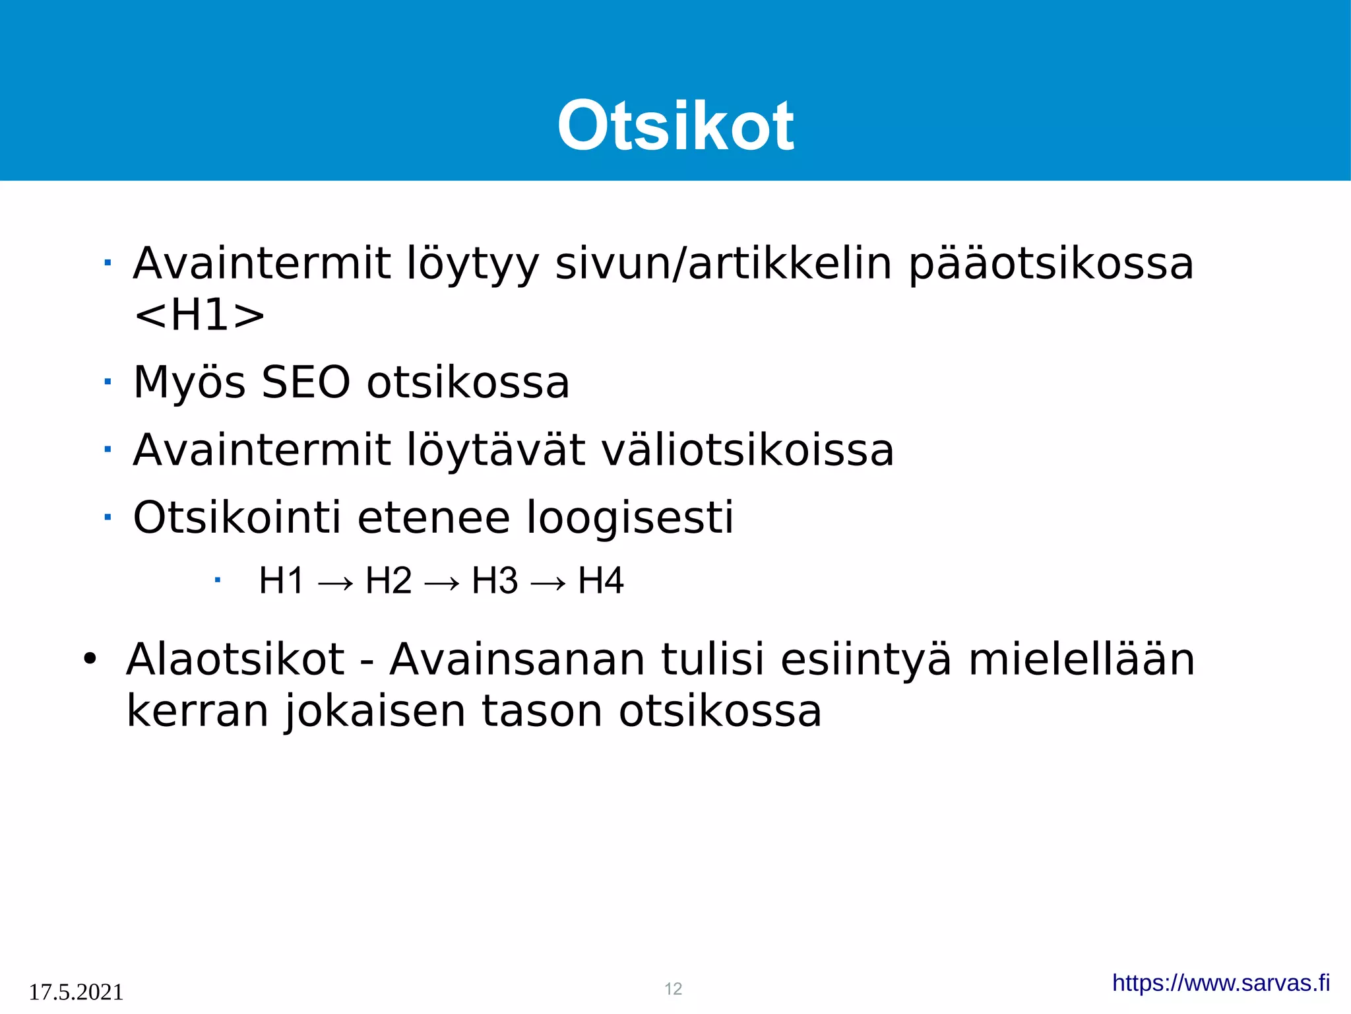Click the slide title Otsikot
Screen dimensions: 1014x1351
pyautogui.click(x=675, y=125)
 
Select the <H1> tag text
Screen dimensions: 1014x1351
pyautogui.click(x=199, y=316)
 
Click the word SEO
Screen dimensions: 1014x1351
pyautogui.click(x=305, y=382)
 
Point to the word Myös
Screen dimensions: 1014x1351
pyautogui.click(x=189, y=382)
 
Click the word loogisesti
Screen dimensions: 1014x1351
pyautogui.click(x=630, y=517)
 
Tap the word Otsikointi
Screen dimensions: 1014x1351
pyautogui.click(x=237, y=517)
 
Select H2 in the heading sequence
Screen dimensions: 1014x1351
pyautogui.click(x=389, y=581)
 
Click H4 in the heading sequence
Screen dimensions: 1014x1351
pyautogui.click(x=600, y=581)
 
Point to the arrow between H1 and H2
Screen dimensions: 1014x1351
pyautogui.click(x=335, y=583)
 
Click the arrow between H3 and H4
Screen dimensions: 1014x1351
pyautogui.click(x=548, y=583)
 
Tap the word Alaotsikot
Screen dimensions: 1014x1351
pyautogui.click(x=235, y=659)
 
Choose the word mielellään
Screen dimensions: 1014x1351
pyautogui.click(x=1081, y=659)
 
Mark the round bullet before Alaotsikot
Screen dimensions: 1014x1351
pyautogui.click(x=90, y=659)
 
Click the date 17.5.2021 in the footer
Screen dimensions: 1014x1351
pyautogui.click(x=76, y=992)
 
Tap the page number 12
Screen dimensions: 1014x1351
pyautogui.click(x=673, y=989)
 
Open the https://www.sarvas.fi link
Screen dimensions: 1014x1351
pyautogui.click(x=1221, y=983)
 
